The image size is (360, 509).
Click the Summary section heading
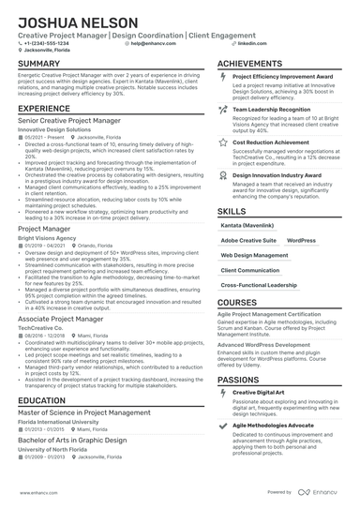tap(38, 64)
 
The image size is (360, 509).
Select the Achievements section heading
tap(250, 64)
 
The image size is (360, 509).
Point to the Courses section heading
tap(238, 303)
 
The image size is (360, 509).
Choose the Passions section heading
tap(240, 380)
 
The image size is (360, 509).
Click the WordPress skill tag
tap(302, 241)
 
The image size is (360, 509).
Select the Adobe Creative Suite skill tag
tap(248, 241)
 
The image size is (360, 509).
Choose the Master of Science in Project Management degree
tap(83, 412)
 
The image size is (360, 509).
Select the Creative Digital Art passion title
tap(259, 392)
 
